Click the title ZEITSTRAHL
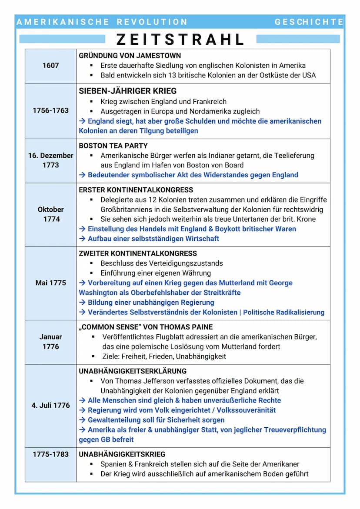point(180,40)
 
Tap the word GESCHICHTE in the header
point(309,22)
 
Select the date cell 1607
point(50,66)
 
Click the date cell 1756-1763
point(50,110)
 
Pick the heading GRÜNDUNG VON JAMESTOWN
point(130,56)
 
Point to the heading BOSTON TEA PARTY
point(113,146)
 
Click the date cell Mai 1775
point(50,283)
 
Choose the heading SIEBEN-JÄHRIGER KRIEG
point(127,91)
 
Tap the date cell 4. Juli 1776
point(50,405)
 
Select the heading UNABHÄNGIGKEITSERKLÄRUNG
point(133,371)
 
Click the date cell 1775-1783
point(50,454)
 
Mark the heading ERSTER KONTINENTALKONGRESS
point(136,190)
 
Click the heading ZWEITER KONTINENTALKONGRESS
point(137,253)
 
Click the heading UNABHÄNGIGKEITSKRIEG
point(122,454)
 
